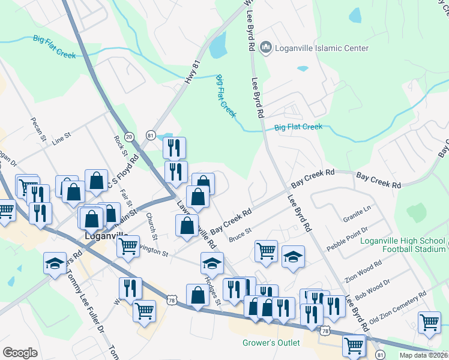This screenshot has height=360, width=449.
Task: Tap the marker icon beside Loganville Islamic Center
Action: (x=267, y=47)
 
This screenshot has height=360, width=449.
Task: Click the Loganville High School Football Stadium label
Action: (x=403, y=245)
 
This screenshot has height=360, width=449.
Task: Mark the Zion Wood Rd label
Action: (x=363, y=272)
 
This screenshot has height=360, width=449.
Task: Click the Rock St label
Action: (x=118, y=144)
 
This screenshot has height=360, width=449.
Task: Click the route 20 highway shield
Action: (x=129, y=137)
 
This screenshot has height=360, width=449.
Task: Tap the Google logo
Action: (x=20, y=352)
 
